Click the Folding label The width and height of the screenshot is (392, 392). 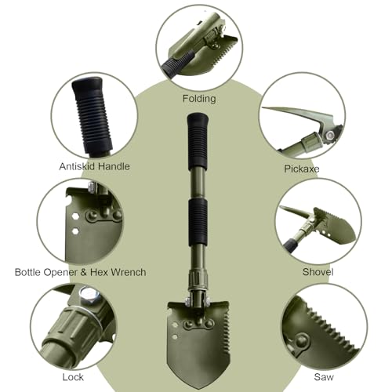tap(199, 99)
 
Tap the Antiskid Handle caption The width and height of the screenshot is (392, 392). tap(94, 166)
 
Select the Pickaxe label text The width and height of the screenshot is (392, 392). tap(302, 169)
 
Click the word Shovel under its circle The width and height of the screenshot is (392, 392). tap(318, 272)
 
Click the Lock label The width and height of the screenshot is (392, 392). tap(73, 377)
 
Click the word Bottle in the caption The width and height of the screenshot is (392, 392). tap(28, 272)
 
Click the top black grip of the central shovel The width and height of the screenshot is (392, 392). tap(198, 140)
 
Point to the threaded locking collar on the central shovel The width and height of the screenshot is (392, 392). tap(198, 280)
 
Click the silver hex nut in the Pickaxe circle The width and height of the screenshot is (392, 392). tap(330, 136)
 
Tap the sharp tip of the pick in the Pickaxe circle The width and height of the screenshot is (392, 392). tap(263, 108)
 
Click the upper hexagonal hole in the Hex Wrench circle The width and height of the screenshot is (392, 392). tap(75, 216)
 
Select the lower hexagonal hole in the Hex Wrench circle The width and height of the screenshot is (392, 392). tap(75, 231)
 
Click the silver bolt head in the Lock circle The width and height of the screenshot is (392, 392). tap(89, 296)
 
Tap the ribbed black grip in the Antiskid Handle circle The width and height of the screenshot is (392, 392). tap(91, 115)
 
